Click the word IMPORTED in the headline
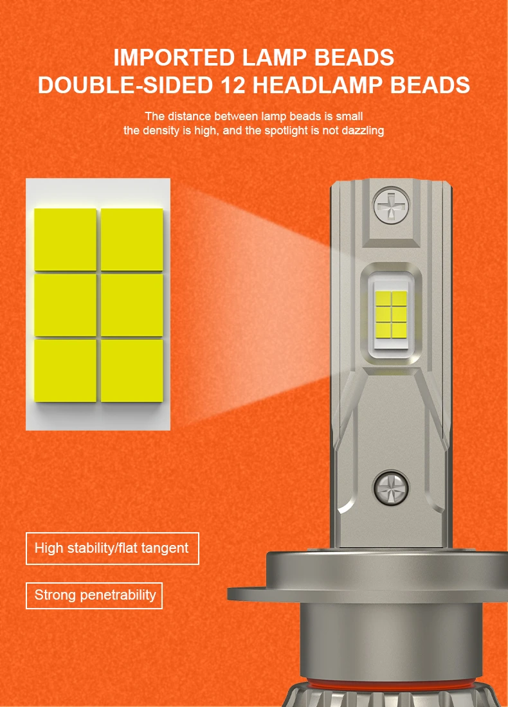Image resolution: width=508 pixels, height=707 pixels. [174, 57]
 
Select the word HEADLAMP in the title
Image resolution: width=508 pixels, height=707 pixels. [318, 85]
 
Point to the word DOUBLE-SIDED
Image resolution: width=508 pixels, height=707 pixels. [125, 85]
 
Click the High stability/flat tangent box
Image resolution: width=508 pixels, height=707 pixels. [113, 548]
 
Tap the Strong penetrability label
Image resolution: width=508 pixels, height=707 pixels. [94, 596]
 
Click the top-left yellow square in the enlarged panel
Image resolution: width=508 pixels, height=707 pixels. [66, 240]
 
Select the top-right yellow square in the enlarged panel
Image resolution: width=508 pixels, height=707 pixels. [132, 240]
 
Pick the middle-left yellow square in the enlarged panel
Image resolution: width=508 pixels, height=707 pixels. [66, 305]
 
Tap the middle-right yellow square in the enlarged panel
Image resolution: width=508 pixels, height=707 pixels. [132, 305]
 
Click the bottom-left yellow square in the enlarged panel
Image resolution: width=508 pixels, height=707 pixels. [66, 371]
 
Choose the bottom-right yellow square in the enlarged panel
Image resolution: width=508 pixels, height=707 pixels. [132, 371]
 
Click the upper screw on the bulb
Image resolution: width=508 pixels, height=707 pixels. [391, 206]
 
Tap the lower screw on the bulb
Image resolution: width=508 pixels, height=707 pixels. [391, 487]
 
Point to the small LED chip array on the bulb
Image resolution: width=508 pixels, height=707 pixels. [391, 315]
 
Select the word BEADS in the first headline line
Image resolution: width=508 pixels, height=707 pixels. [354, 57]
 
